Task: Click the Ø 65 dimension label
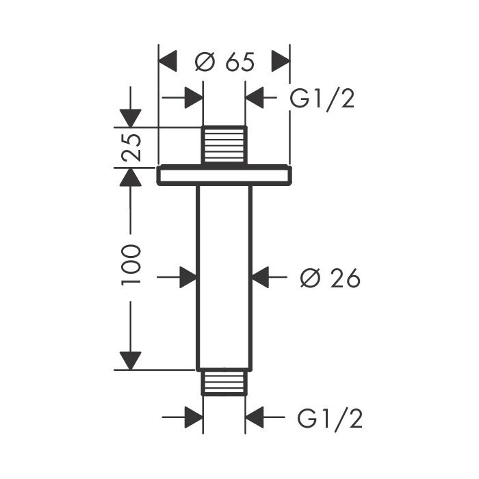(224, 62)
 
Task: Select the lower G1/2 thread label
(330, 418)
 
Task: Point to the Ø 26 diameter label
(331, 278)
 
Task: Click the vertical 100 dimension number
(131, 265)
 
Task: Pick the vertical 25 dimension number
(131, 148)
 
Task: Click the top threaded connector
(224, 145)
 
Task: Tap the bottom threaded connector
(224, 382)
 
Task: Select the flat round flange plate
(224, 175)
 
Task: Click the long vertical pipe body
(224, 277)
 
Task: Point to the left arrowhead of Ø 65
(168, 61)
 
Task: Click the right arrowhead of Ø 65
(281, 61)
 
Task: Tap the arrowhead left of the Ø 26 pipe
(188, 277)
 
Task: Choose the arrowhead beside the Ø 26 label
(260, 277)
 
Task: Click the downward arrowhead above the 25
(131, 118)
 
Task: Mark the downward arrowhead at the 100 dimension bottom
(131, 361)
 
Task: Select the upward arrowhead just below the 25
(131, 177)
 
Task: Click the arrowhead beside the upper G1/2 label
(255, 98)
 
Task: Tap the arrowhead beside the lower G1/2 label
(255, 417)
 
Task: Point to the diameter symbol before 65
(205, 62)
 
